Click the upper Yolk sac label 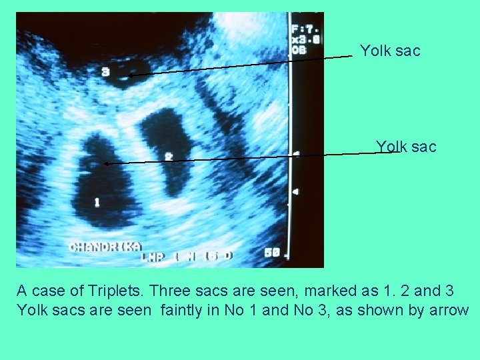390,51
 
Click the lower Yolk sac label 406,147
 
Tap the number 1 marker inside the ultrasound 97,201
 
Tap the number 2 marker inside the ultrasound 169,156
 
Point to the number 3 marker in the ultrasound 105,72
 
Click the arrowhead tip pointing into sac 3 127,75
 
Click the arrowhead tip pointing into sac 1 105,163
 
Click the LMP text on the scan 151,255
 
